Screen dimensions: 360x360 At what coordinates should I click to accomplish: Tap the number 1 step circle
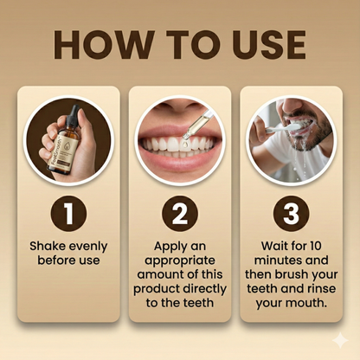click(69, 213)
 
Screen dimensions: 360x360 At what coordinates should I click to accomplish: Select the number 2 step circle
click(181, 213)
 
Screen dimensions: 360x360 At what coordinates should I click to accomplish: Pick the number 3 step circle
click(290, 213)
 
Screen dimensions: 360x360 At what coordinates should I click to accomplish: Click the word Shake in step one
click(50, 245)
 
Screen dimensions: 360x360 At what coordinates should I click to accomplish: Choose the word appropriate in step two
click(180, 259)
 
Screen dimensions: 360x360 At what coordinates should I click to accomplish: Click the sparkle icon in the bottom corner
click(340, 340)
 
